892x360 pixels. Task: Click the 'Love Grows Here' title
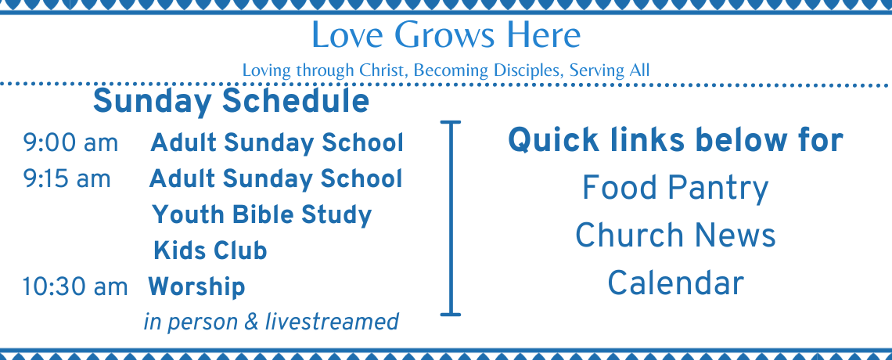(446, 34)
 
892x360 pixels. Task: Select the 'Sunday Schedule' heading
(231, 101)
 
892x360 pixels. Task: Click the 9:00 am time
(70, 143)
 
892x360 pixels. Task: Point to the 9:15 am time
(67, 179)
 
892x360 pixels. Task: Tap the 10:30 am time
(75, 286)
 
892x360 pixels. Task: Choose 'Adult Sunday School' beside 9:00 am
(276, 143)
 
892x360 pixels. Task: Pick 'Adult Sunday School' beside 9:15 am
(275, 179)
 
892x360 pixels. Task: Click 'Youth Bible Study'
(261, 215)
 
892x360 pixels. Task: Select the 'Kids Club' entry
(210, 250)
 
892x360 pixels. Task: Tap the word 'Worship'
(196, 287)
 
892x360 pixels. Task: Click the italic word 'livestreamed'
(332, 322)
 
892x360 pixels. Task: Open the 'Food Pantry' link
(675, 189)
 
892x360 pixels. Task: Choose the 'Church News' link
(675, 236)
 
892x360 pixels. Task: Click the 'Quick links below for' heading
(675, 140)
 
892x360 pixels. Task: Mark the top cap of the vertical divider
(451, 122)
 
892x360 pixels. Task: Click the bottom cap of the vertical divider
(451, 314)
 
